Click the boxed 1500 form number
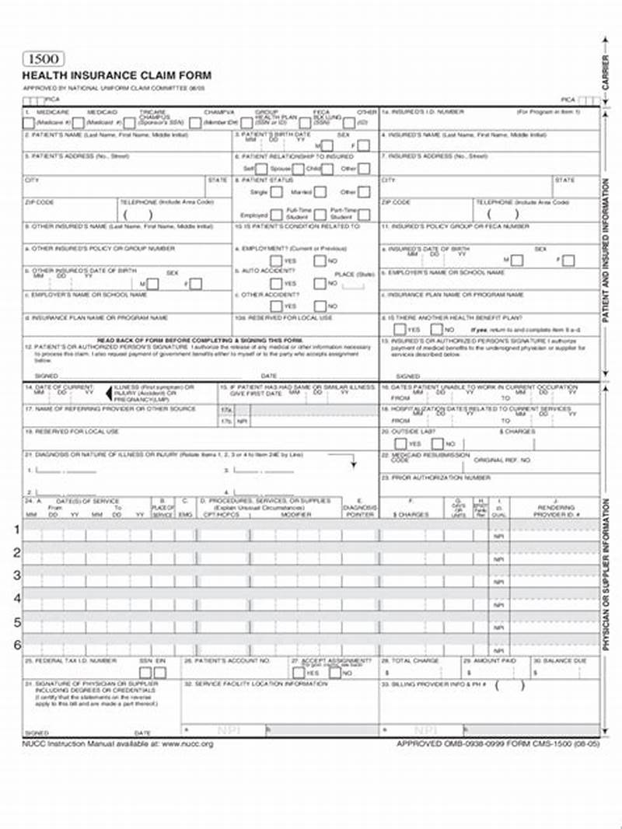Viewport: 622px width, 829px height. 44,59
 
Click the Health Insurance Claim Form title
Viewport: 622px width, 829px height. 117,75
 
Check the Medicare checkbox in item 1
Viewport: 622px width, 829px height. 29,122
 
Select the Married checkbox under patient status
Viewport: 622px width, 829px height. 320,192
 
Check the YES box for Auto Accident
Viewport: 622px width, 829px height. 275,284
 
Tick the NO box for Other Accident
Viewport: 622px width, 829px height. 320,306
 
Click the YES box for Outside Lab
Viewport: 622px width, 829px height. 400,443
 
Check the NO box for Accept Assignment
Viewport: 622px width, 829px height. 335,673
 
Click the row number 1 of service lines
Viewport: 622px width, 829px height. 16,530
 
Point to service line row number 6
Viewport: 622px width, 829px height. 16,645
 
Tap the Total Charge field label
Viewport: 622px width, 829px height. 415,661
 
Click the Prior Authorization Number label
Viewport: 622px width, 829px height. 435,477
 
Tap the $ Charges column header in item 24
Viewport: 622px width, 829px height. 411,514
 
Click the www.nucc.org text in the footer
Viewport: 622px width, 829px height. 187,744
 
